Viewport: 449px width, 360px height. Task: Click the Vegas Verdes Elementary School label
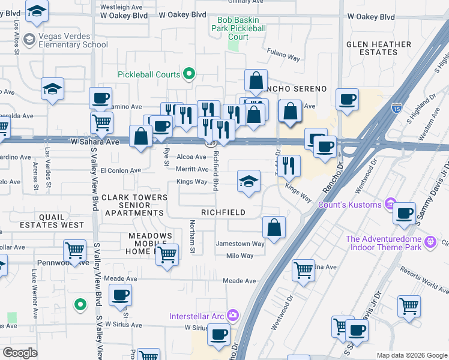pos(72,40)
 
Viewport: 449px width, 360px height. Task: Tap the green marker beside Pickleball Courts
pos(189,74)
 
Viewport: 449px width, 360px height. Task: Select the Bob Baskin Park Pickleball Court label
pos(238,28)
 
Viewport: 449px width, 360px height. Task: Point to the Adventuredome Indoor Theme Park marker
pos(430,242)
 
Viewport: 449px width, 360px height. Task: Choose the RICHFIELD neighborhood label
pos(223,212)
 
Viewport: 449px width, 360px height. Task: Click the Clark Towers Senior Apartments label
pos(134,205)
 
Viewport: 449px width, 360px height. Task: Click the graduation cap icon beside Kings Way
pos(249,181)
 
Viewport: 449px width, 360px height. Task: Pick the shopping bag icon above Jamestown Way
pos(274,227)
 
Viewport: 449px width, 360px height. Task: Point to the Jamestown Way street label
pos(240,244)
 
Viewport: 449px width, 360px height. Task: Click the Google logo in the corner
pos(20,353)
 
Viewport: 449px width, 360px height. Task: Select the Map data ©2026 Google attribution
pos(411,355)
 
